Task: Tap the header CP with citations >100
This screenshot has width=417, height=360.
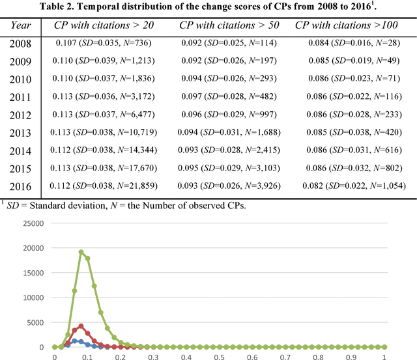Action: (x=351, y=25)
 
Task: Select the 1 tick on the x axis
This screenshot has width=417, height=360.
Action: (x=384, y=355)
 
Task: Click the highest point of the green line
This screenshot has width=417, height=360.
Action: (x=81, y=252)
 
